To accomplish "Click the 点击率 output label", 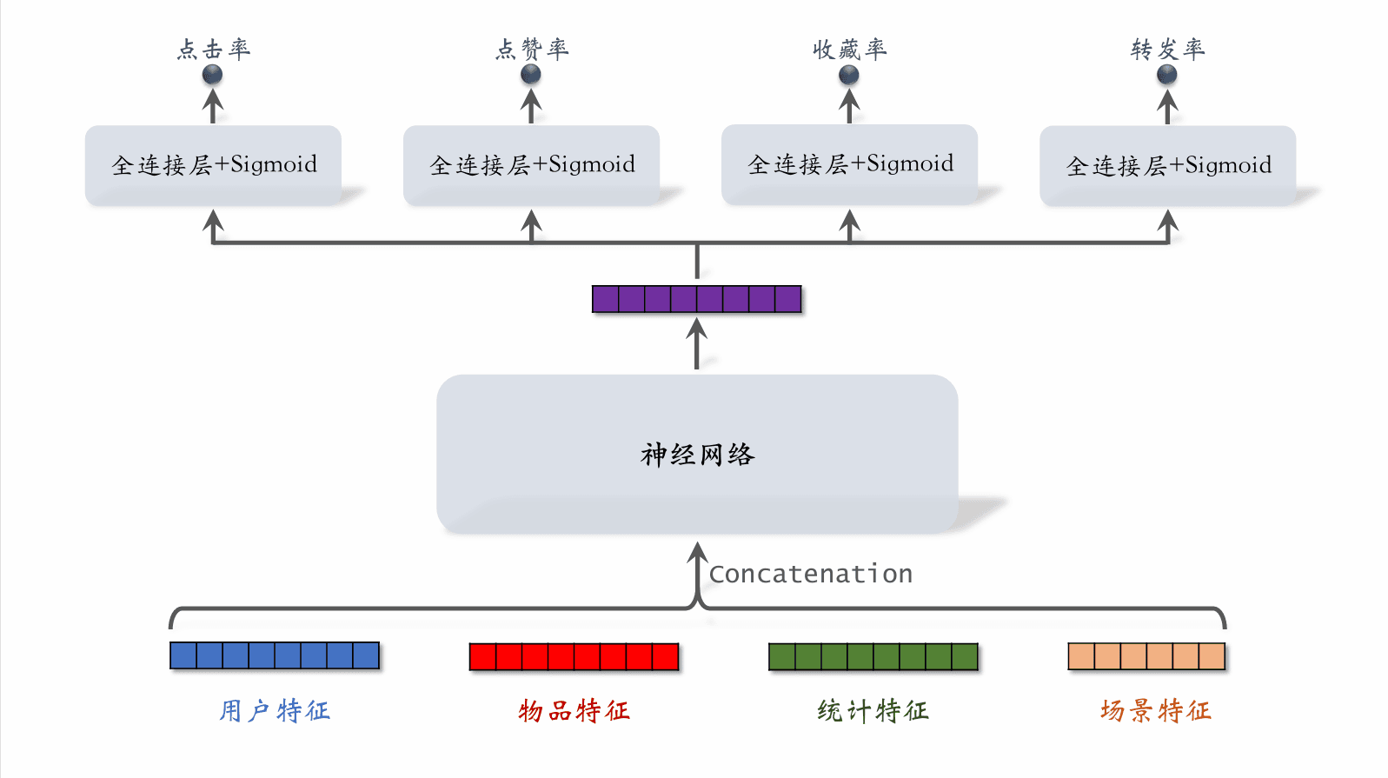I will pyautogui.click(x=214, y=49).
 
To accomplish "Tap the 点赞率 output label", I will pyautogui.click(x=532, y=49).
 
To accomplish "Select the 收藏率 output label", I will pyautogui.click(x=850, y=49).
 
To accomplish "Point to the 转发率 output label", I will pyautogui.click(x=1167, y=49).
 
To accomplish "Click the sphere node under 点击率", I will pyautogui.click(x=213, y=75).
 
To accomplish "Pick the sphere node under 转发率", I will pyautogui.click(x=1167, y=75).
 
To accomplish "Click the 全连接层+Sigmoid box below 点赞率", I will pyautogui.click(x=531, y=165).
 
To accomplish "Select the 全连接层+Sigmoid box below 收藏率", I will pyautogui.click(x=849, y=164).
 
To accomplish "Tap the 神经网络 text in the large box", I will pyautogui.click(x=698, y=455).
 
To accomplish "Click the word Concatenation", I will pyautogui.click(x=811, y=574).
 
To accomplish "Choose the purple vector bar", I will pyautogui.click(x=696, y=299).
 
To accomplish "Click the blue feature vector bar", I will pyautogui.click(x=275, y=655).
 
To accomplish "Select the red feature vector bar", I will pyautogui.click(x=574, y=656).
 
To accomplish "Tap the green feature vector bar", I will pyautogui.click(x=873, y=656).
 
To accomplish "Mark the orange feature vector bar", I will pyautogui.click(x=1146, y=656).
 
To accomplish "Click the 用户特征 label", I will pyautogui.click(x=275, y=711).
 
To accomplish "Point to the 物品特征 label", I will pyautogui.click(x=574, y=711).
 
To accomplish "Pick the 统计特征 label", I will pyautogui.click(x=873, y=711).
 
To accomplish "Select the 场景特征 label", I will pyautogui.click(x=1155, y=711).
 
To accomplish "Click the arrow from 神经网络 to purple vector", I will pyautogui.click(x=696, y=344).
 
